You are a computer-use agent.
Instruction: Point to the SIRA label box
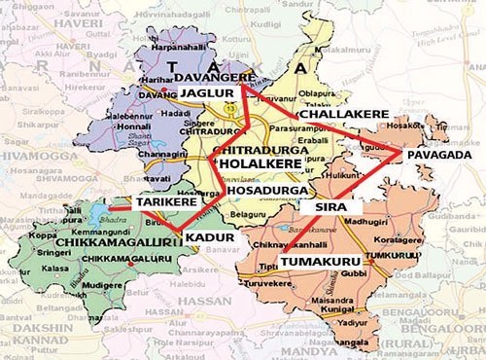click(x=327, y=207)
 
